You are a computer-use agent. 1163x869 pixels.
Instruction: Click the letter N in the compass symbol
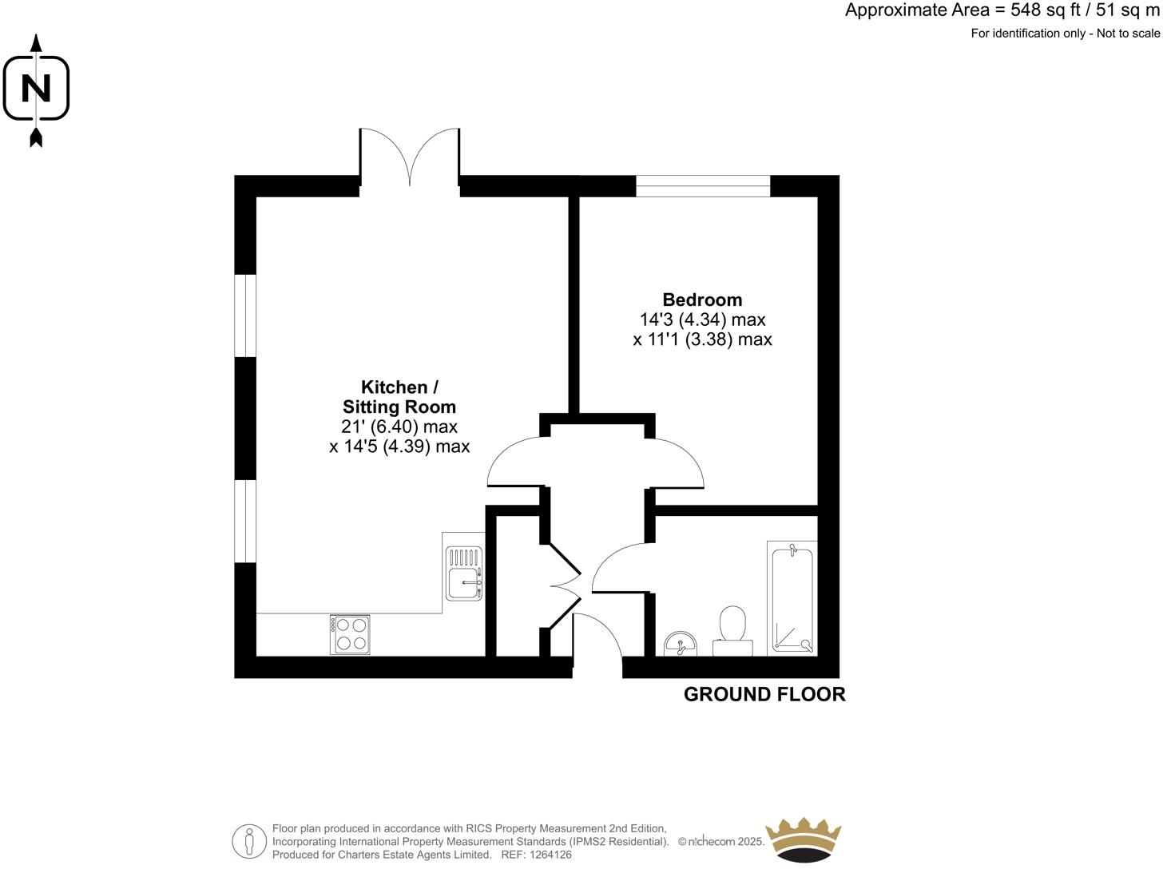click(x=36, y=88)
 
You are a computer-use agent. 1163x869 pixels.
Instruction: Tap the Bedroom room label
click(x=702, y=300)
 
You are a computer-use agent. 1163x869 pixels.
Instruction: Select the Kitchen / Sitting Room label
click(x=399, y=397)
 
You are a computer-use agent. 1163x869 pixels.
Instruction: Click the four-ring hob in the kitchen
click(x=351, y=634)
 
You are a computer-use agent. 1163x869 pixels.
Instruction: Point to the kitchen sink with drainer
click(x=464, y=573)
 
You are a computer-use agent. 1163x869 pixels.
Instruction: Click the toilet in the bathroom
click(x=732, y=631)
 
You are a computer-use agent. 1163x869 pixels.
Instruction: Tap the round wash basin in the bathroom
click(x=680, y=644)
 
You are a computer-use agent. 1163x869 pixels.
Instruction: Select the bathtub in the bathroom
click(x=792, y=598)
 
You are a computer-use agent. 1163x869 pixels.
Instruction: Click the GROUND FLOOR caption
click(x=764, y=694)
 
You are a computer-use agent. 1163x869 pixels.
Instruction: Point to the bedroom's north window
click(x=703, y=186)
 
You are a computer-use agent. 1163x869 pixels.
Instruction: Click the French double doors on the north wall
click(x=410, y=157)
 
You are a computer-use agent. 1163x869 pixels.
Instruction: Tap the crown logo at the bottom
click(x=803, y=839)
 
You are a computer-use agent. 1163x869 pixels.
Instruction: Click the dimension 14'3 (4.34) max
click(x=702, y=319)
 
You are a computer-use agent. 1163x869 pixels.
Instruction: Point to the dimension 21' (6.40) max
click(x=399, y=427)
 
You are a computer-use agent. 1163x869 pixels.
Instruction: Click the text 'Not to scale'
click(x=1128, y=34)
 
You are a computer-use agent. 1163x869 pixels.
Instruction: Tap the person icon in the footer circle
click(x=250, y=841)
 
